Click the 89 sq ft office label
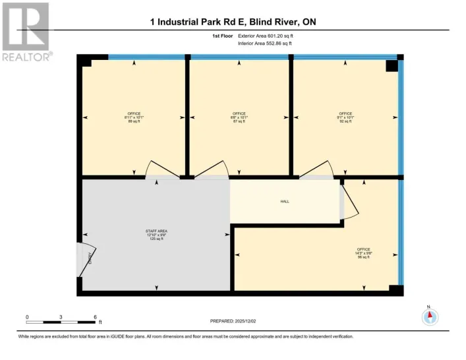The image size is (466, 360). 134,117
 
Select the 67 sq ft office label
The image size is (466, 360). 239,117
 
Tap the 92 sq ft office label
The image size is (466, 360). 346,117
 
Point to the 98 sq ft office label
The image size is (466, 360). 363,253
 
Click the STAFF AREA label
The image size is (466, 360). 156,234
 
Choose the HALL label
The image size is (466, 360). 285,202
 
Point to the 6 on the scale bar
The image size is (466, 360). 96,317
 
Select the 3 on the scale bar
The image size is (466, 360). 61,317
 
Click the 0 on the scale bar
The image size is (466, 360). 27,317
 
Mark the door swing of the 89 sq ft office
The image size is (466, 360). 161,169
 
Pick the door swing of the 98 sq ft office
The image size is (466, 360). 350,200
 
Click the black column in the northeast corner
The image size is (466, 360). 392,65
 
